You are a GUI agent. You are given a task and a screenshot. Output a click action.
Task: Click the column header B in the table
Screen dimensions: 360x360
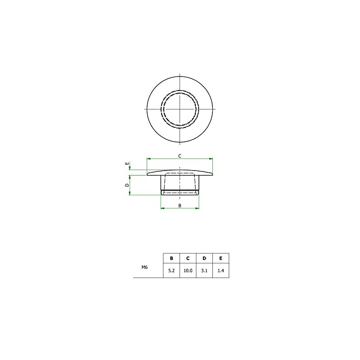(171, 258)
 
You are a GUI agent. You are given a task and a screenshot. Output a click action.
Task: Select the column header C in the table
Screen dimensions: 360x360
(188, 258)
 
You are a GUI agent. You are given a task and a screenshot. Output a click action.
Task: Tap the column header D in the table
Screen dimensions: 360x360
(204, 258)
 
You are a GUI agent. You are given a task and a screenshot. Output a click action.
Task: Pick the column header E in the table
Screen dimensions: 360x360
(220, 258)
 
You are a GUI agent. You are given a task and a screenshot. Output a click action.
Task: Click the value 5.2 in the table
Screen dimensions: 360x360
(171, 271)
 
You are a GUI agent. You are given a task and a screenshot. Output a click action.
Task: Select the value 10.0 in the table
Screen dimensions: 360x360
(188, 271)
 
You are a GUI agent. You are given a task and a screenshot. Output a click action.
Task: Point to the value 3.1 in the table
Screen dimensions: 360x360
(204, 271)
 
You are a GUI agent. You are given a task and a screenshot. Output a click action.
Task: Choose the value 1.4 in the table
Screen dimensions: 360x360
(220, 271)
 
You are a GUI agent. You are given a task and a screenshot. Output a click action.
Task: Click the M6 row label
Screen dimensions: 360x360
(144, 267)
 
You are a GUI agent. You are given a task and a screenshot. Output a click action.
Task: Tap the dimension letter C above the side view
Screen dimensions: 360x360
(180, 156)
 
